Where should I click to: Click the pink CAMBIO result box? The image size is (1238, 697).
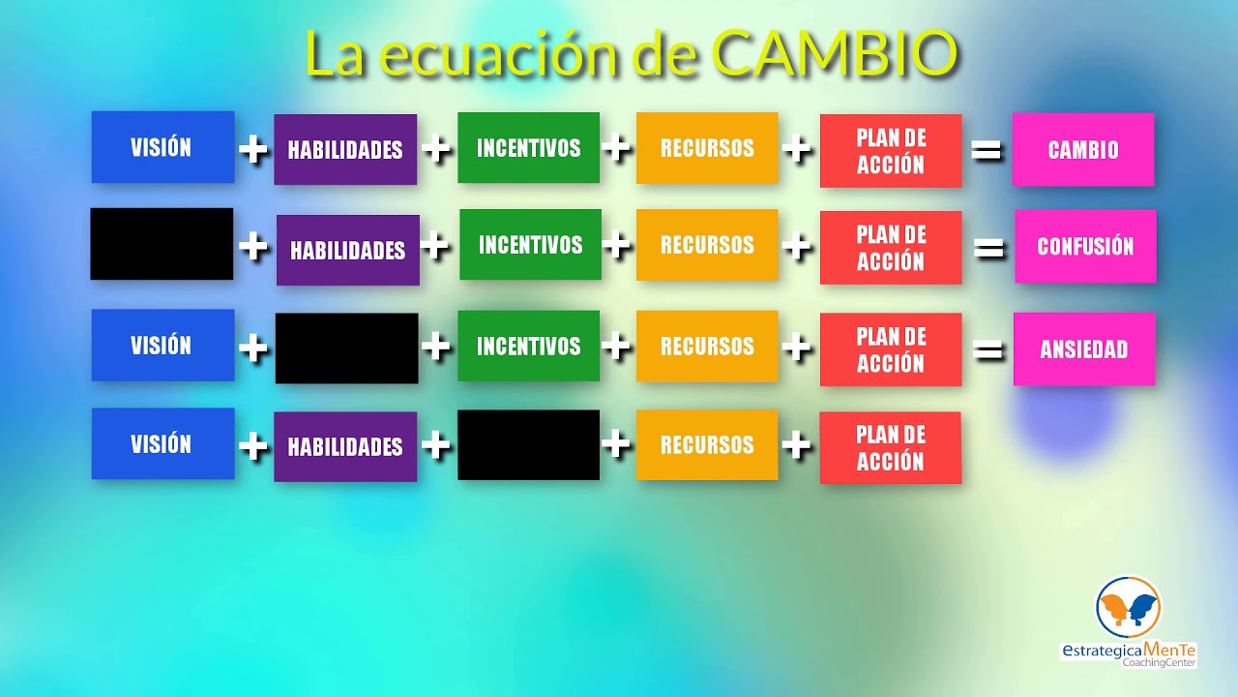(1082, 150)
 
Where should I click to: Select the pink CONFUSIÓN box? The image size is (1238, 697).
(1085, 247)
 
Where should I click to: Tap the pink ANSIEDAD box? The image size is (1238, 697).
(1084, 349)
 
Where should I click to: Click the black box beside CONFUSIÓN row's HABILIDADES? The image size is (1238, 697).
(162, 244)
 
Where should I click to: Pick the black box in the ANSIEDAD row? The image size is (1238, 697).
(346, 348)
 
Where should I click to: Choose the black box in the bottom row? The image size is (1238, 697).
(528, 445)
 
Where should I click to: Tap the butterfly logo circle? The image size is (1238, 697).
(1128, 607)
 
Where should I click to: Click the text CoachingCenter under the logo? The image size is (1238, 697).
(1159, 662)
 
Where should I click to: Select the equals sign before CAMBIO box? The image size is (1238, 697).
(986, 150)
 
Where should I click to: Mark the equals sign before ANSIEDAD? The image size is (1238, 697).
(987, 349)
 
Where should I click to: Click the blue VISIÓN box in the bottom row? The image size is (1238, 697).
(162, 443)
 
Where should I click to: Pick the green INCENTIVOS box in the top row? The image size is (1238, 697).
(528, 148)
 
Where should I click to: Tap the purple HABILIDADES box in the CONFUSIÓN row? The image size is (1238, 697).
(347, 250)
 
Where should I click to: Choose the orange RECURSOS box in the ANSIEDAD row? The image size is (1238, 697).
(707, 346)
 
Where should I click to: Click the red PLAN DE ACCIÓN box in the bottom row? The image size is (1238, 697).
(890, 447)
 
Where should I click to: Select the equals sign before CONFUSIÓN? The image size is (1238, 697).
(987, 249)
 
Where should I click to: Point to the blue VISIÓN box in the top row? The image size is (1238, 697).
(162, 147)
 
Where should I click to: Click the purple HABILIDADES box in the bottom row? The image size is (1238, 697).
(345, 446)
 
